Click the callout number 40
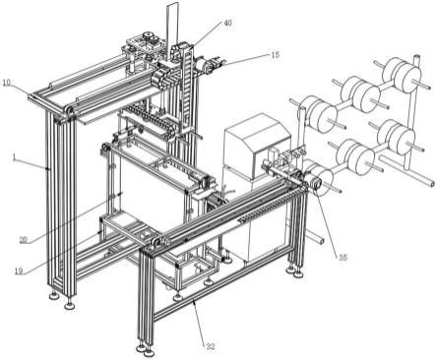click(227, 23)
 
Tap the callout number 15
click(276, 54)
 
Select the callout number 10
click(7, 83)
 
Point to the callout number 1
click(14, 158)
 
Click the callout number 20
click(24, 240)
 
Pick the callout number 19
click(19, 270)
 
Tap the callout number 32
click(211, 346)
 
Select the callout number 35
click(343, 258)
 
